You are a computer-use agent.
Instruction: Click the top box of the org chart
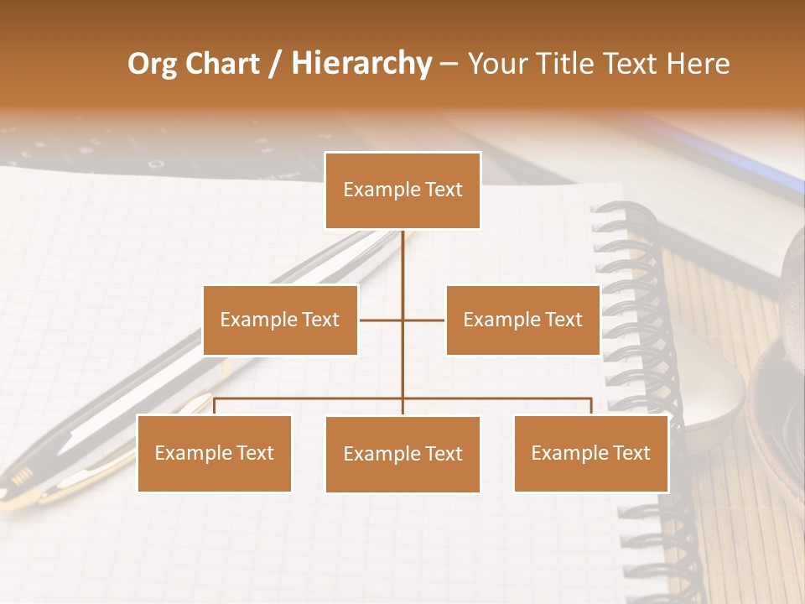tap(402, 190)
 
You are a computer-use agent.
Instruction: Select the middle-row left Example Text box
tap(280, 320)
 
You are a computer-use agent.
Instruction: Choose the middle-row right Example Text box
tap(522, 320)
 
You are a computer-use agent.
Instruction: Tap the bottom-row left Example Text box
tap(214, 453)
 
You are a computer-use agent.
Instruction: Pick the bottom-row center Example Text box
tap(402, 454)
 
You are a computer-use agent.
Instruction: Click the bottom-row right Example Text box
tap(590, 453)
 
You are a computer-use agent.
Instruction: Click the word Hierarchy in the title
tap(361, 64)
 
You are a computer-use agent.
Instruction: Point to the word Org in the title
tap(152, 64)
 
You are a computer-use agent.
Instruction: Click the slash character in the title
tap(276, 64)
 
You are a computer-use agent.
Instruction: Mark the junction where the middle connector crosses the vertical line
tap(402, 320)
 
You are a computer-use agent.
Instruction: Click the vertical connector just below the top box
tap(402, 243)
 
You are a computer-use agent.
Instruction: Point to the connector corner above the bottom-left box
tap(214, 399)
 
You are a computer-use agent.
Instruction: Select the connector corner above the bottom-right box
tap(591, 399)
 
